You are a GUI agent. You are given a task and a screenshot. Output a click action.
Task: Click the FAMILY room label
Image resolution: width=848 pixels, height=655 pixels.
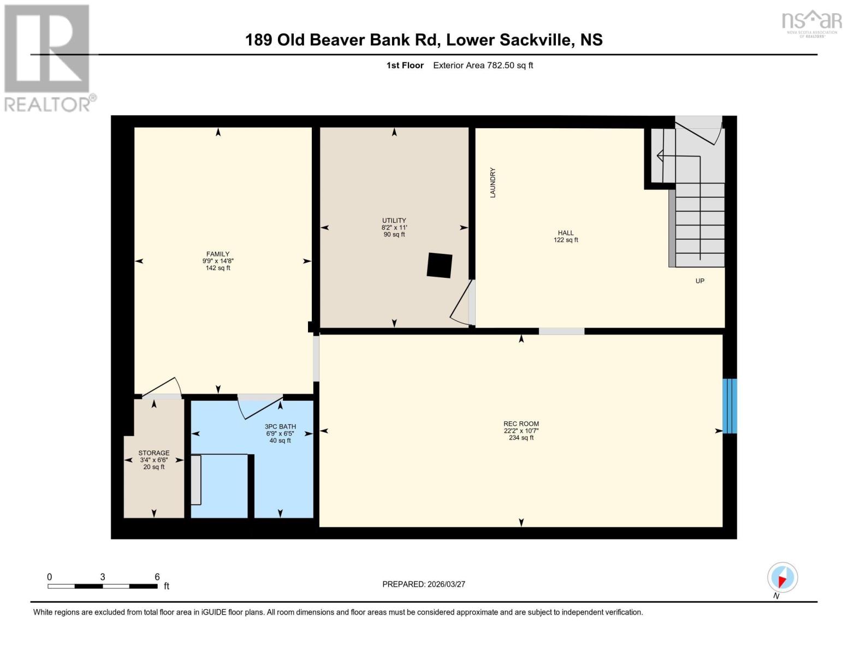coord(217,254)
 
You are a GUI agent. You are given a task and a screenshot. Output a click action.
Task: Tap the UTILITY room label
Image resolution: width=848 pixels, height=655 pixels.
coord(394,221)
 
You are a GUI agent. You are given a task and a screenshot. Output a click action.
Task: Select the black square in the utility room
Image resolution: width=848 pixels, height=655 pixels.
coord(440,265)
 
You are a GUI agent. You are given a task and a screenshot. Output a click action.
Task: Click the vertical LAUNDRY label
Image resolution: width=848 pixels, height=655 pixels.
coord(493,182)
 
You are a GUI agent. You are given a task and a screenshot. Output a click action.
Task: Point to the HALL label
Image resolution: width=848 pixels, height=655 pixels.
coord(566,233)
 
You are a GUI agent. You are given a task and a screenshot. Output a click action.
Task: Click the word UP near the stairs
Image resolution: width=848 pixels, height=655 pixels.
coord(699,281)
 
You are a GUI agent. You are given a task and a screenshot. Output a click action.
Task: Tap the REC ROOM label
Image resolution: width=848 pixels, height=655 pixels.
coord(521,424)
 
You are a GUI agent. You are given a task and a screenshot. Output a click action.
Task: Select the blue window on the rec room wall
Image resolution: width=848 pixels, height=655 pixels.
coord(730,406)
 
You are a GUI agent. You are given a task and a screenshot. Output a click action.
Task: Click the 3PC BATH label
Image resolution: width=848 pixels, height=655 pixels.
coord(280,427)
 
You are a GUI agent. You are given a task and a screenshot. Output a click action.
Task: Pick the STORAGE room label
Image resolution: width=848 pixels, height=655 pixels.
coord(153,453)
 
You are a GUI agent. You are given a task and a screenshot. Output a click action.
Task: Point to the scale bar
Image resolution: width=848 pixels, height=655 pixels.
coord(103,586)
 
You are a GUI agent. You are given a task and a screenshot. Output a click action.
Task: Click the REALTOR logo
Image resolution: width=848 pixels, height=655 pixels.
coord(48,58)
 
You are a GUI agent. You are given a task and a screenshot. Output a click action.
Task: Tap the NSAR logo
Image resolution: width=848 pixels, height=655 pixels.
coord(811,22)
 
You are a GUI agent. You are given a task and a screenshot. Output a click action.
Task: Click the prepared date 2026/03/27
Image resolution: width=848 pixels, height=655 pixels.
coord(446,584)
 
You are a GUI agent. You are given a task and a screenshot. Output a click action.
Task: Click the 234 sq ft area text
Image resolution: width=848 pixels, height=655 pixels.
coord(521,438)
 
